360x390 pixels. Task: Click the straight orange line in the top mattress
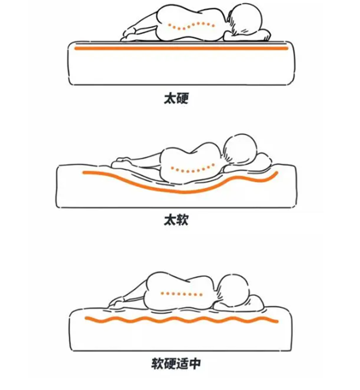(x=181, y=48)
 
